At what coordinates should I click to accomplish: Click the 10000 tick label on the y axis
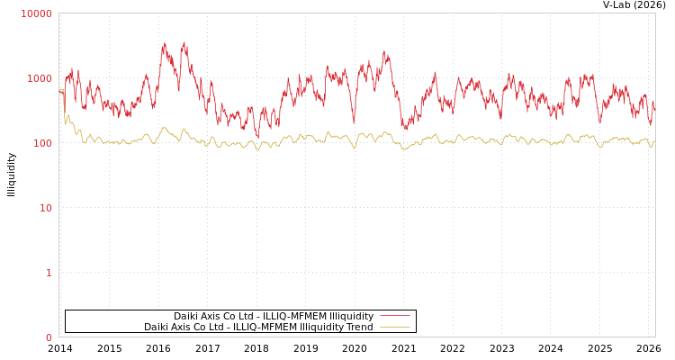pos(37,13)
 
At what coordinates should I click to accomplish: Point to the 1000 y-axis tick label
pos(40,78)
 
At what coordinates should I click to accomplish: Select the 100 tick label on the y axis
pos(42,143)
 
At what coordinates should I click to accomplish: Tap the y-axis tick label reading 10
pos(45,208)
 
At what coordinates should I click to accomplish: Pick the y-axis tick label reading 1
pos(49,273)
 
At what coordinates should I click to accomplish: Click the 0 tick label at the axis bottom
pos(49,337)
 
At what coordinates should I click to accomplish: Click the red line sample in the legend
pos(394,316)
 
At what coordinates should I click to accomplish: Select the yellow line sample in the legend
pos(394,327)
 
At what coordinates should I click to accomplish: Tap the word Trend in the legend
pos(358,327)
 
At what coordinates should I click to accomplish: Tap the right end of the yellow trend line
pos(654,141)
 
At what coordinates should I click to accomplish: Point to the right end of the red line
pos(654,103)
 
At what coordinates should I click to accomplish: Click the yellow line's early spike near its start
pos(67,116)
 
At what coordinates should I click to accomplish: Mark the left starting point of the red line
pos(59,91)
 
